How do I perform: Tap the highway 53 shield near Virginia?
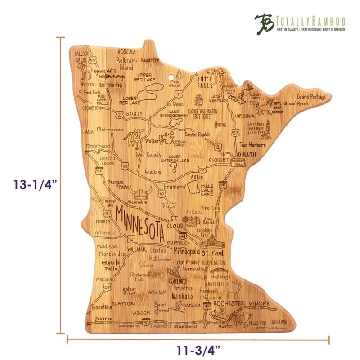coord(235,133)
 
